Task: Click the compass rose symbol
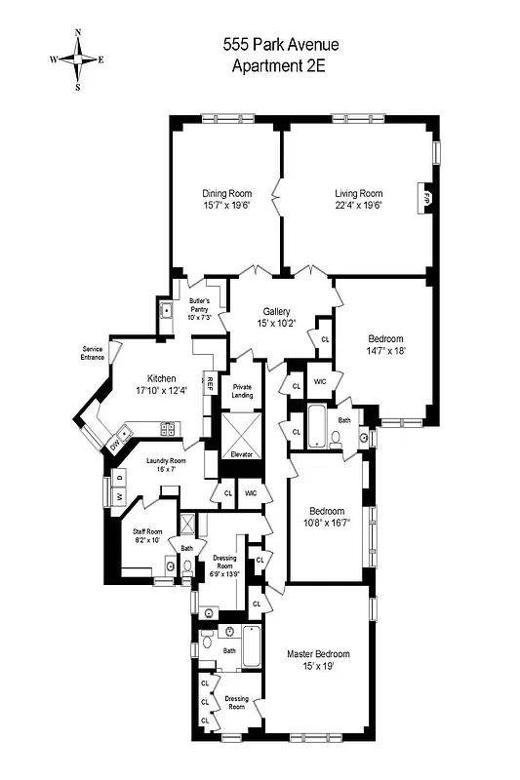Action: click(x=78, y=58)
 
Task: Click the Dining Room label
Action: click(x=226, y=193)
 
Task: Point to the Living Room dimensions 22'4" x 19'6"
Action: click(x=358, y=206)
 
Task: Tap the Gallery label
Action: click(x=277, y=311)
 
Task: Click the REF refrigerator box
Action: click(x=209, y=384)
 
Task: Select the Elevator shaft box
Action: click(x=240, y=435)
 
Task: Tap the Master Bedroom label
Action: click(x=318, y=653)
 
